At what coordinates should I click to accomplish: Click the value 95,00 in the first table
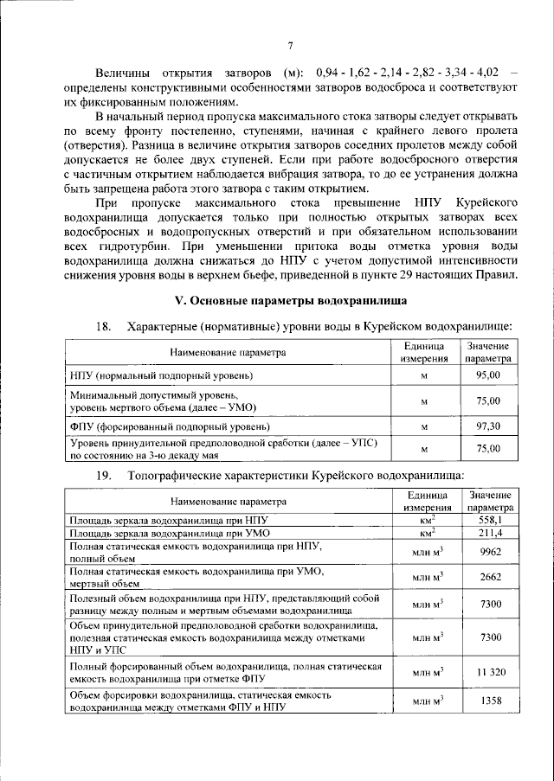pos(488,375)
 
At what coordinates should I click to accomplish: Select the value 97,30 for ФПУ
pos(488,427)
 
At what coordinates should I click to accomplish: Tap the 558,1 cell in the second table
pos(490,522)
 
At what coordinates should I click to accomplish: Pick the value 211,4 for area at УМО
pos(490,535)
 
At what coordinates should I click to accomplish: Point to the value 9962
pos(490,554)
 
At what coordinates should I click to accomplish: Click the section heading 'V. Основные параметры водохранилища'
pos(291,300)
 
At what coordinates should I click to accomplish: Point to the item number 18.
pos(105,326)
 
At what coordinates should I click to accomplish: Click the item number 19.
pos(105,475)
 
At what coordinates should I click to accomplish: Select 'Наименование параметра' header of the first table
pos(227,352)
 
